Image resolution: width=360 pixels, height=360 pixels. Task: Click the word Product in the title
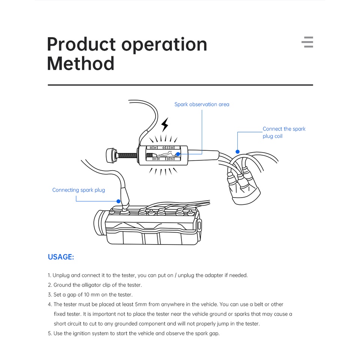click(81, 45)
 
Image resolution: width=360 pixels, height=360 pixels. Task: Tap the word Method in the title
click(81, 64)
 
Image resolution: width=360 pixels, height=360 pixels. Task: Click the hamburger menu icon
click(307, 42)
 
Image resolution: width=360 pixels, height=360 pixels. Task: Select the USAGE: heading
click(61, 257)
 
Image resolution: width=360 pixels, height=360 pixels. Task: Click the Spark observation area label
click(202, 104)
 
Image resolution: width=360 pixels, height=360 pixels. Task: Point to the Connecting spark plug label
click(79, 190)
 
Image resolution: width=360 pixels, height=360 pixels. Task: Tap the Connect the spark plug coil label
click(284, 132)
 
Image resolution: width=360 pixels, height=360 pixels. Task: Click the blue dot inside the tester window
click(178, 154)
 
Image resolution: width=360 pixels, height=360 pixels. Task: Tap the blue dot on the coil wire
click(237, 151)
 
